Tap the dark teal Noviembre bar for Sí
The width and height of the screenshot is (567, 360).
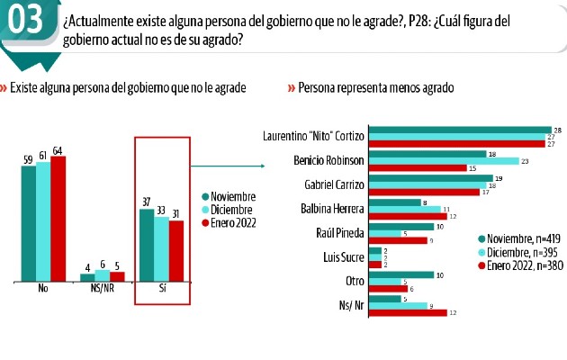click(x=147, y=244)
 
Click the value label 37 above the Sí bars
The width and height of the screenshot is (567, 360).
click(x=147, y=202)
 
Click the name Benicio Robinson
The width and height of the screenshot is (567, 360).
click(x=329, y=162)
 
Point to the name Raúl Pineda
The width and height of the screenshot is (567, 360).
click(x=341, y=232)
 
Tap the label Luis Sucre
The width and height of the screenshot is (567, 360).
click(x=345, y=256)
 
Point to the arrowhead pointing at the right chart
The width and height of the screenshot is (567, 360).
click(x=263, y=166)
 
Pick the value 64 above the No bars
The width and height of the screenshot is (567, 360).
click(x=58, y=150)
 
